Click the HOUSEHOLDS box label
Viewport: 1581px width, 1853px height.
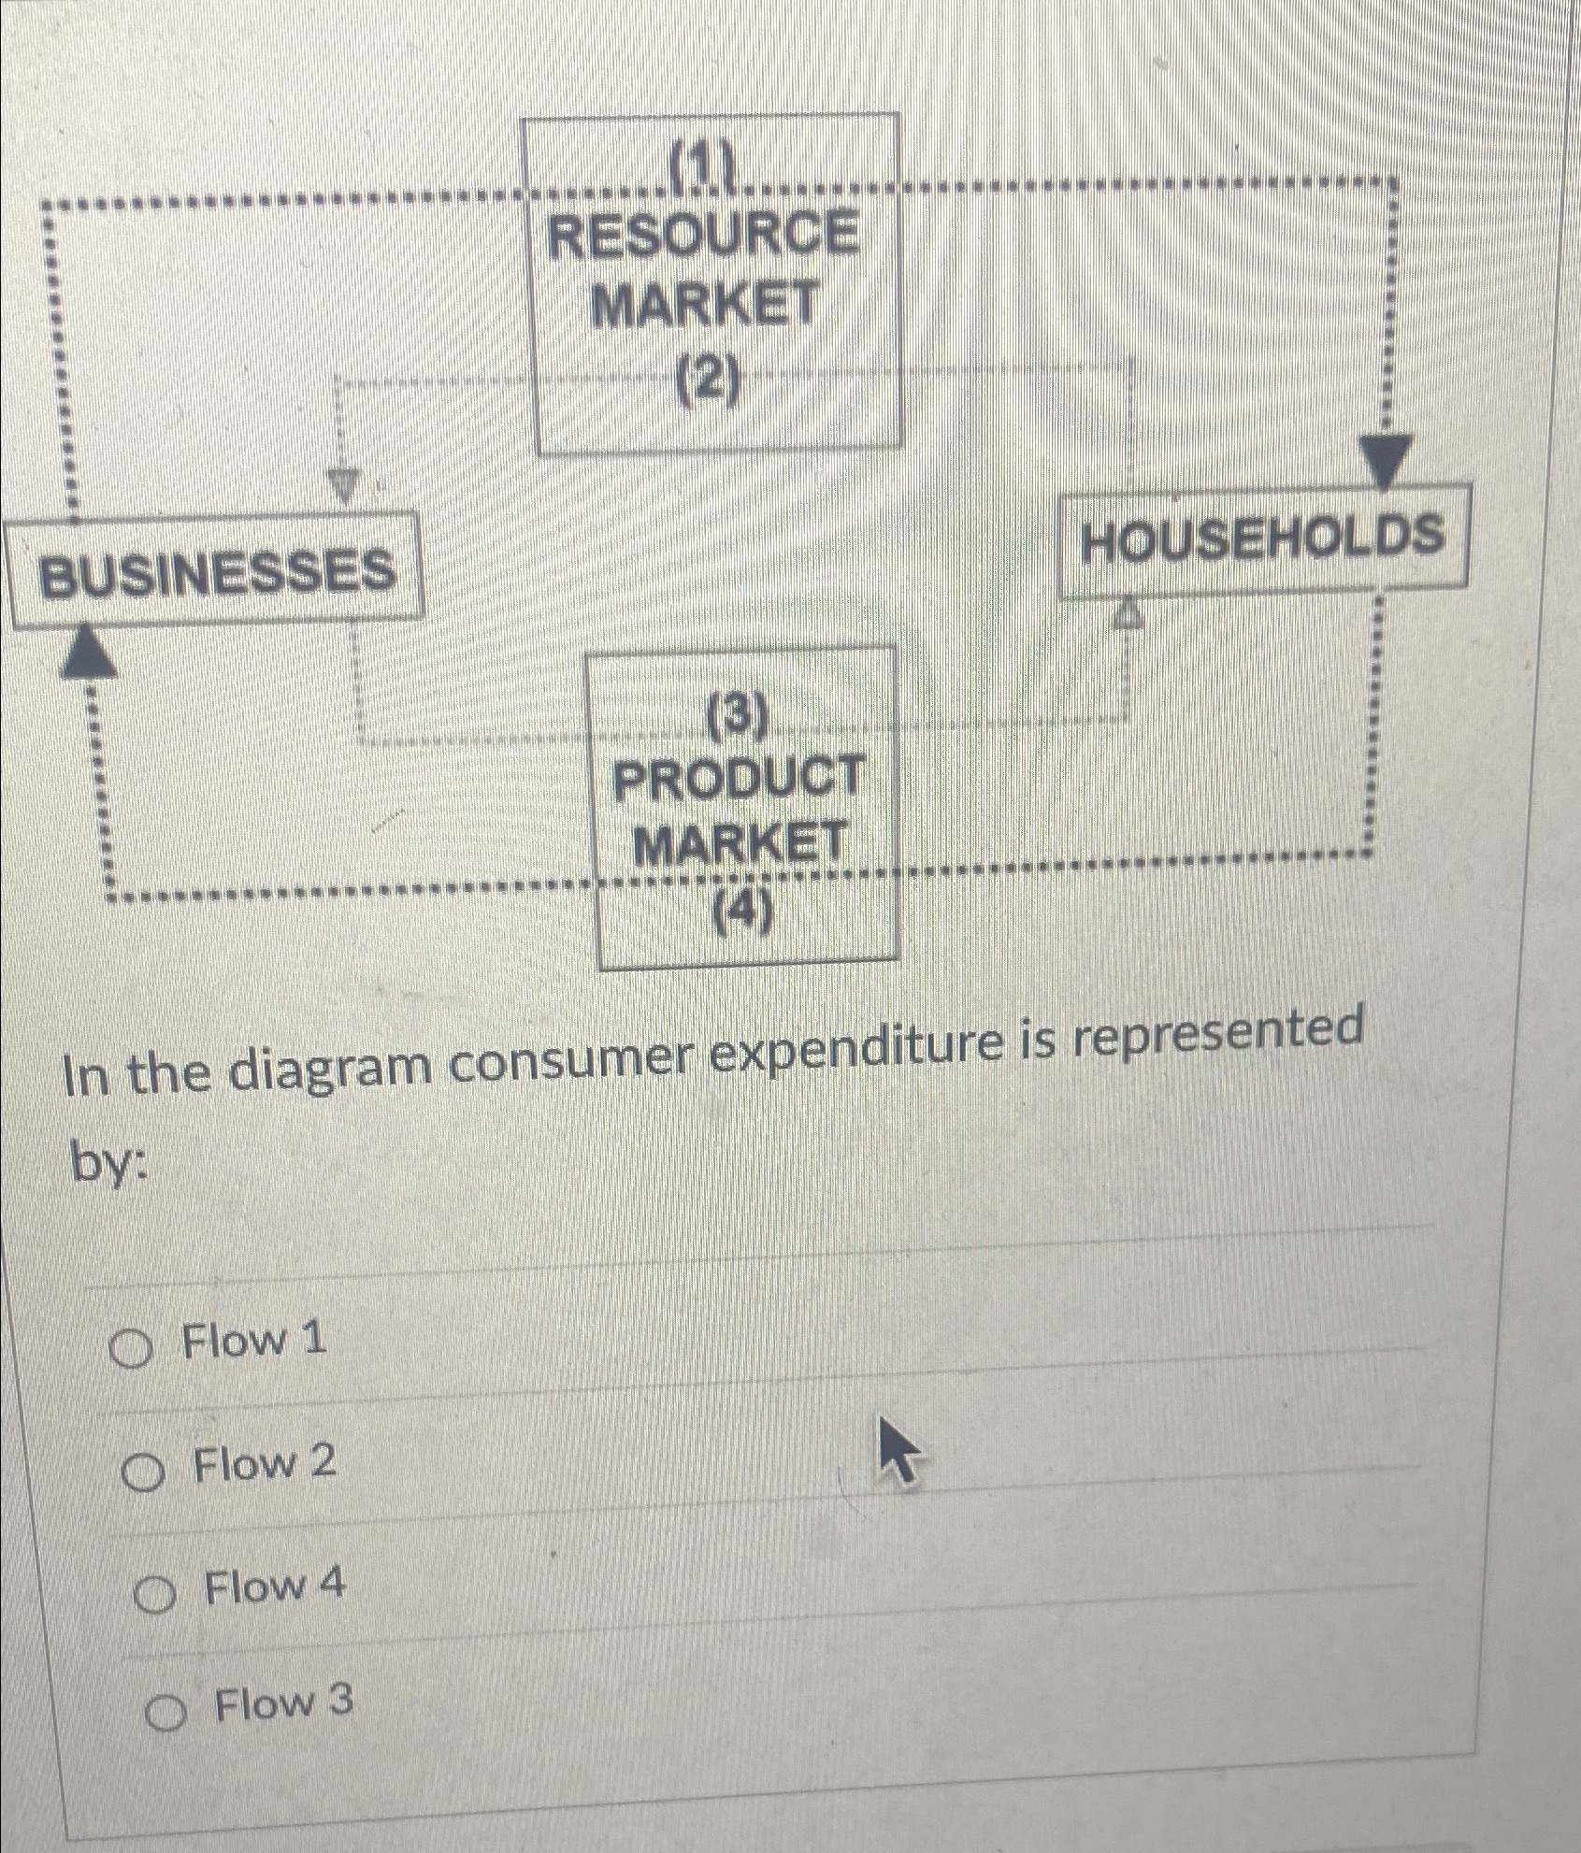[x=1261, y=539]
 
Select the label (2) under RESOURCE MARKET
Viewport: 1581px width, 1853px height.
[x=707, y=382]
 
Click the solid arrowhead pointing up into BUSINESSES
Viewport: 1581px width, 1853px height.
[x=87, y=649]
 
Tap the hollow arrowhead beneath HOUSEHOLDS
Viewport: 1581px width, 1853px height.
[x=1128, y=612]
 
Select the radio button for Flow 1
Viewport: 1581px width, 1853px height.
[x=131, y=1351]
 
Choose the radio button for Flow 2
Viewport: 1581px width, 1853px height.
[x=142, y=1474]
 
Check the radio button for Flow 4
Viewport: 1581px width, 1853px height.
[x=153, y=1598]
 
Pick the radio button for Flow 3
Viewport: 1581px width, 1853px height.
[x=165, y=1715]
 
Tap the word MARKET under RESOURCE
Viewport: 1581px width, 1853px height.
[x=706, y=305]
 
